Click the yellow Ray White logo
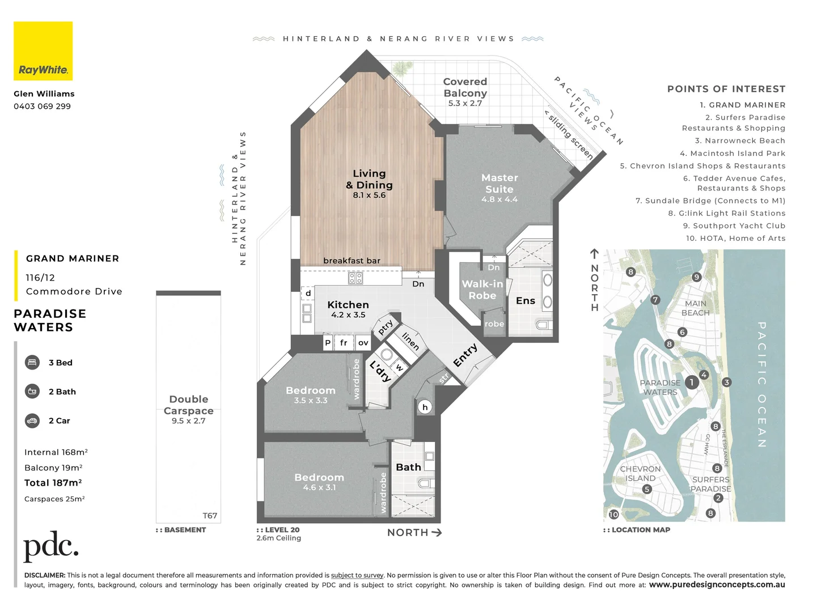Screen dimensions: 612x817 coord(43,51)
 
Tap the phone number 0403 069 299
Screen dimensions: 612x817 coord(43,107)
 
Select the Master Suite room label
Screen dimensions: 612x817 coord(499,184)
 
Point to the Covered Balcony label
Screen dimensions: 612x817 coord(465,87)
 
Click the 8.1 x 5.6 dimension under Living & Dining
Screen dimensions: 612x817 coord(369,195)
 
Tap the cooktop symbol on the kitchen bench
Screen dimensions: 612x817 coord(355,278)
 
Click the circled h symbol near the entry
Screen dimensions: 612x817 coord(425,407)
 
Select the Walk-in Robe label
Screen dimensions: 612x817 coord(482,290)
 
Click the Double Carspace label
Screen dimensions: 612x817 coord(189,405)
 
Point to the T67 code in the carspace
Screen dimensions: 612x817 coord(210,516)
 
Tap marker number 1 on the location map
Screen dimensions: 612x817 coord(691,382)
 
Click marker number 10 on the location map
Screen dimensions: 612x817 coord(614,515)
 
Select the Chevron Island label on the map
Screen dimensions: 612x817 coord(640,474)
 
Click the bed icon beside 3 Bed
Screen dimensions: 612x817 coord(32,363)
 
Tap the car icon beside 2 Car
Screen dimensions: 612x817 coord(32,420)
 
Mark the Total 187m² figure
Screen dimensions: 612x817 coord(53,483)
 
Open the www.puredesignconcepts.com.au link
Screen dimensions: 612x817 coord(717,585)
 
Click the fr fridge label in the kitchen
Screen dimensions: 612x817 coord(344,343)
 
